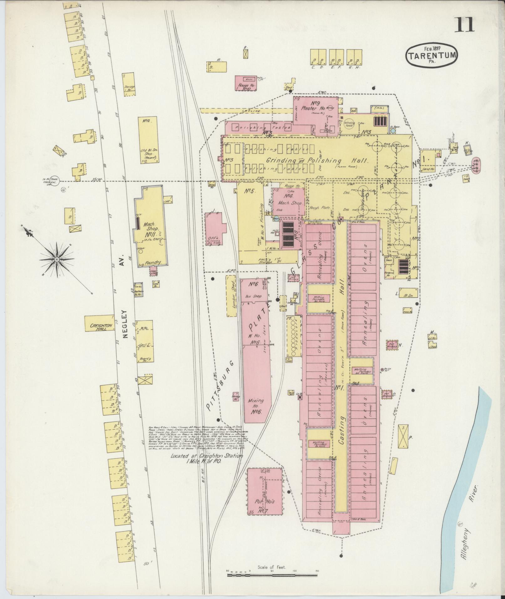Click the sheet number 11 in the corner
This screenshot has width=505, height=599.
coord(464,25)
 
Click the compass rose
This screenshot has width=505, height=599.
coord(57,260)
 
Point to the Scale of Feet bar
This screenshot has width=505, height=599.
coord(272,575)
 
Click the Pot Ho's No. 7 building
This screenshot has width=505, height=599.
coord(264,495)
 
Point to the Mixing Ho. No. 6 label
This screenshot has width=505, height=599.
coord(256,405)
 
